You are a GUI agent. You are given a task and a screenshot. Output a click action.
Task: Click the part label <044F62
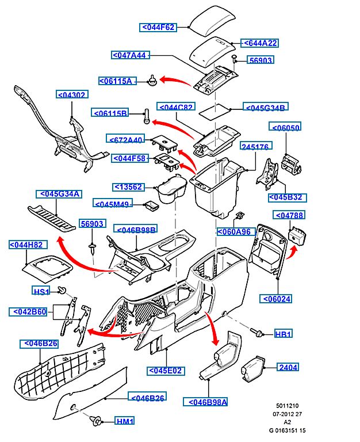click(x=158, y=27)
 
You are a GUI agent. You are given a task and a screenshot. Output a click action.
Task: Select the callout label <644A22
click(x=259, y=43)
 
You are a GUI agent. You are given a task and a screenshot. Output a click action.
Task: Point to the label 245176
click(x=255, y=147)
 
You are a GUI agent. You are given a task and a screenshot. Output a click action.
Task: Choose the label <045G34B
click(x=266, y=107)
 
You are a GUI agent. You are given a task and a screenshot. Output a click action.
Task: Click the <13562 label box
click(x=127, y=186)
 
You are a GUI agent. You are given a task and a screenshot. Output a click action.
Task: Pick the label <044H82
click(x=26, y=245)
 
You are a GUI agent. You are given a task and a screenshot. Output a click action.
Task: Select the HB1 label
click(x=283, y=334)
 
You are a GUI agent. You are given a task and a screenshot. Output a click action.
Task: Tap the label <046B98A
click(x=205, y=402)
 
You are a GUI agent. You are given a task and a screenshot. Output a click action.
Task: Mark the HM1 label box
click(x=124, y=421)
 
